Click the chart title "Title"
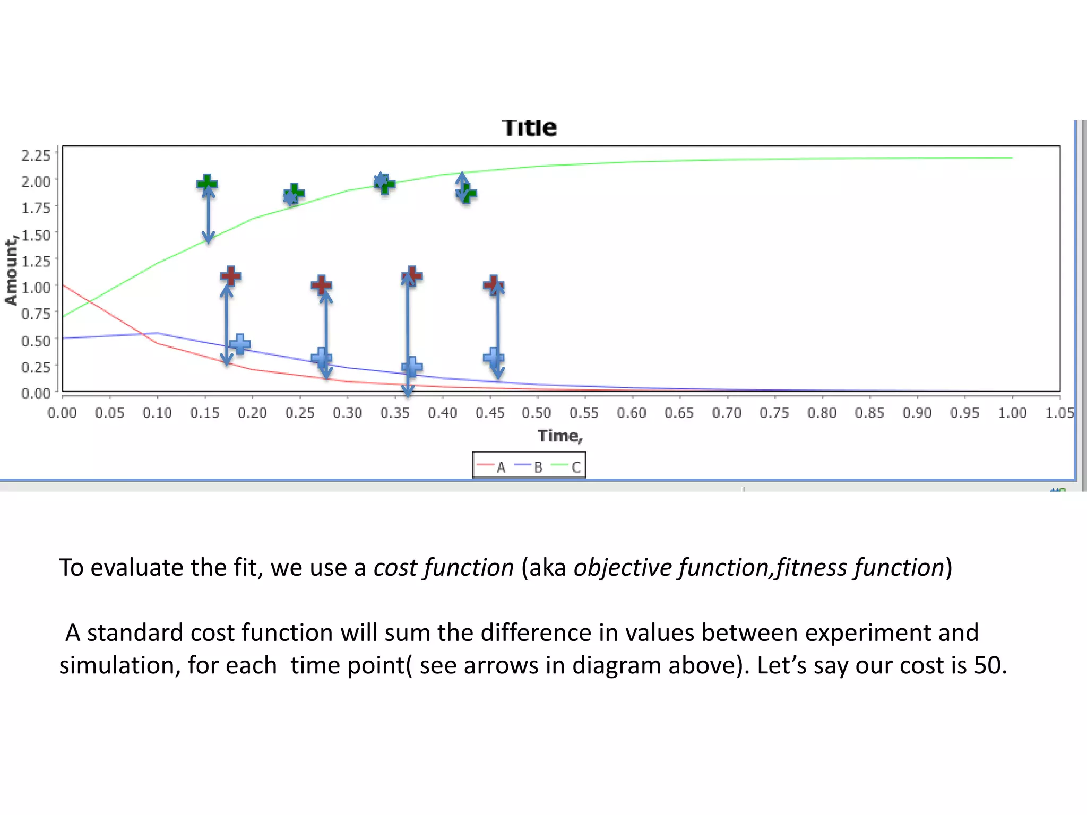pyautogui.click(x=529, y=128)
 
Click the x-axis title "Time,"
pyautogui.click(x=560, y=436)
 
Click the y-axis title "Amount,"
pyautogui.click(x=11, y=271)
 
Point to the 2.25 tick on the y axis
pyautogui.click(x=36, y=155)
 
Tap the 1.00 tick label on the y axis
pyautogui.click(x=36, y=288)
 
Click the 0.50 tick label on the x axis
pyautogui.click(x=537, y=413)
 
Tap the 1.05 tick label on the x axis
pyautogui.click(x=1059, y=413)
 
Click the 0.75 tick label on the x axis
pyautogui.click(x=774, y=413)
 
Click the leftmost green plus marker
pyautogui.click(x=207, y=184)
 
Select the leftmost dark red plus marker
pyautogui.click(x=231, y=276)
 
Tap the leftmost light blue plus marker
pyautogui.click(x=240, y=344)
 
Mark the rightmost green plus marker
pyautogui.click(x=467, y=194)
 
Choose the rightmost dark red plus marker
pyautogui.click(x=494, y=285)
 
